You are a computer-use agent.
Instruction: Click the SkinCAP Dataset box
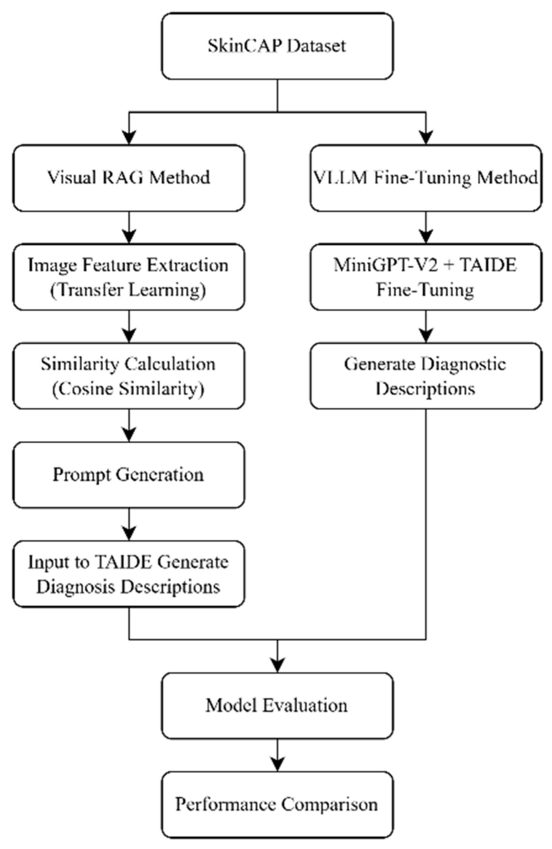point(277,46)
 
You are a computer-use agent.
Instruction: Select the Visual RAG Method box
point(129,178)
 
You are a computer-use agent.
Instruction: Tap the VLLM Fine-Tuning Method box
point(426,178)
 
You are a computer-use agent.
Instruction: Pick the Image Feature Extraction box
point(129,277)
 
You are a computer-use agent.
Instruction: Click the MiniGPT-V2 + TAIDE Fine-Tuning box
point(426,277)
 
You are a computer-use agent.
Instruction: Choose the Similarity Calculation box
point(129,376)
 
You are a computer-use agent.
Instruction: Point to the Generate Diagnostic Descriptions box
point(426,376)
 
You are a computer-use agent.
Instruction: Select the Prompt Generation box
point(129,475)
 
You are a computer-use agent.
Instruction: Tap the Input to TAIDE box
point(129,574)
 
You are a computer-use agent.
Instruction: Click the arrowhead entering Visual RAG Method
point(129,137)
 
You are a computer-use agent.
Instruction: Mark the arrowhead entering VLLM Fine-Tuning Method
point(426,137)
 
